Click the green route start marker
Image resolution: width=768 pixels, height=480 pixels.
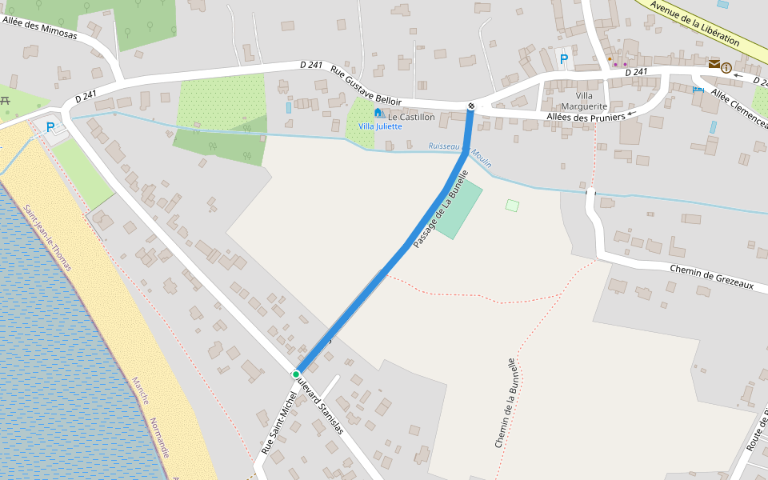[296, 374]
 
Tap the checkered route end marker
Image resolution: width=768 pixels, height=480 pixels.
[471, 106]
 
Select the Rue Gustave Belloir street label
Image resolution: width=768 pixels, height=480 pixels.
[366, 86]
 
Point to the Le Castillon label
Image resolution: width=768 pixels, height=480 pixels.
[411, 117]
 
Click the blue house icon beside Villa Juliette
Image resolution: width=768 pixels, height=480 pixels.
[378, 113]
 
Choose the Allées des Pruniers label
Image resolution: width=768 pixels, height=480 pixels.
[586, 118]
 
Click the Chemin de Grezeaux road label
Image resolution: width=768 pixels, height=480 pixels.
[711, 279]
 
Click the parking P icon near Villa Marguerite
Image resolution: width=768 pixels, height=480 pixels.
[564, 58]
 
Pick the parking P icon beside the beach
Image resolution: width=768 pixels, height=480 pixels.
[50, 126]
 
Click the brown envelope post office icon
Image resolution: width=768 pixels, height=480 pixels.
[714, 64]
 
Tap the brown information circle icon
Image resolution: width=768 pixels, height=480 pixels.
[726, 68]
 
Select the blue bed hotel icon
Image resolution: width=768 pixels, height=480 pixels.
[698, 89]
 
